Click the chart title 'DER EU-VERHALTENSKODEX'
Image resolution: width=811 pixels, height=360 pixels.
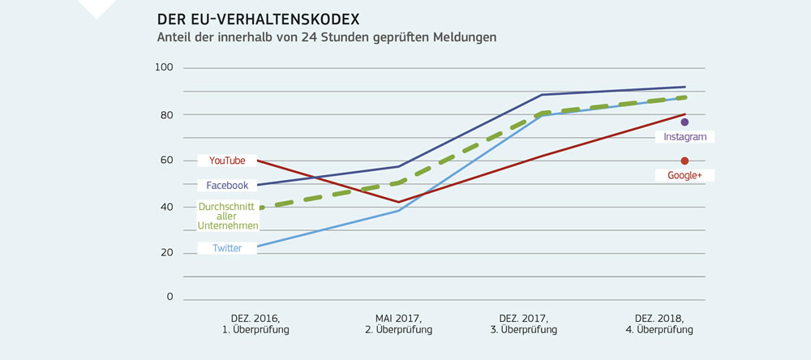tap(258, 19)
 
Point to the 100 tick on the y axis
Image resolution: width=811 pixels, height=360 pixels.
tap(164, 67)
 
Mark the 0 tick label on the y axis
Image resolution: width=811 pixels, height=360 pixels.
tap(170, 297)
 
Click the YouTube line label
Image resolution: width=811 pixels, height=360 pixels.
tap(227, 161)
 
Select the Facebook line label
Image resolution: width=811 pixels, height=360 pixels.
tap(227, 186)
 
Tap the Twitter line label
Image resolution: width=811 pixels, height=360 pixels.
tap(227, 248)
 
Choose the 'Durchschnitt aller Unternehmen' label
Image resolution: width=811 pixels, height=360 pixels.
tap(227, 216)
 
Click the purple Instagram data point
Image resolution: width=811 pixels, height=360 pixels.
tap(684, 122)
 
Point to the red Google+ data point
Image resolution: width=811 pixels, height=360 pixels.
tap(684, 161)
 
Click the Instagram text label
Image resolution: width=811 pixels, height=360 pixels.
tap(684, 137)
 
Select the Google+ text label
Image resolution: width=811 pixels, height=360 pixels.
tap(684, 175)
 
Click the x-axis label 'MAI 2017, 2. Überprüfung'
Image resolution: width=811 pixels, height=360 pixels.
tap(398, 324)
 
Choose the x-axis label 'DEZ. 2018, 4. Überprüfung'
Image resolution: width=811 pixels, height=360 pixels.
tap(659, 324)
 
